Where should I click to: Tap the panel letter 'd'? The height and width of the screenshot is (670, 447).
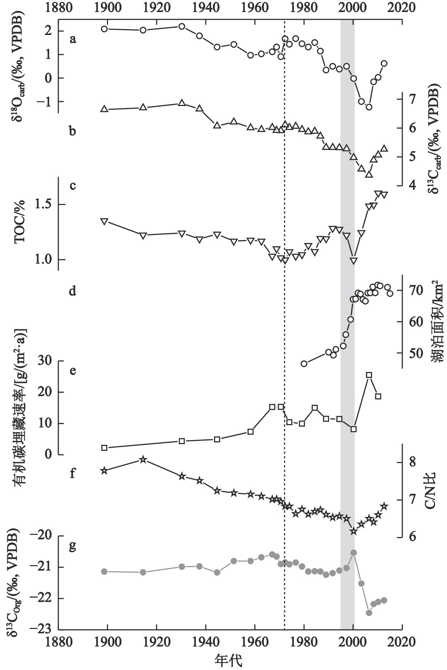[73, 291]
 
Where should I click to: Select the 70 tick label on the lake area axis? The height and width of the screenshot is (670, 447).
[416, 291]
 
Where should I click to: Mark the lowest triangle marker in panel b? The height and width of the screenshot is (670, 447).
[369, 175]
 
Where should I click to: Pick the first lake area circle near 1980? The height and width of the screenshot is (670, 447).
[304, 363]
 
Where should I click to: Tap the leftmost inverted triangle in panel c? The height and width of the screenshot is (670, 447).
[104, 222]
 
